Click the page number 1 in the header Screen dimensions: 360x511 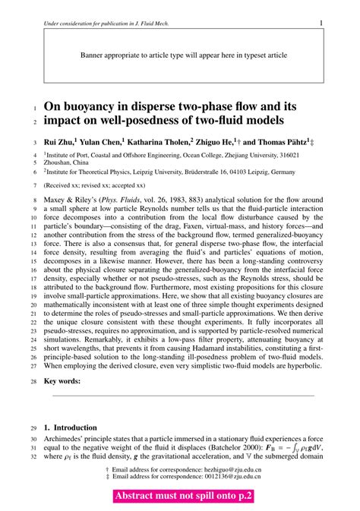[321, 24]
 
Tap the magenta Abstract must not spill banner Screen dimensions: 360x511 [183, 496]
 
